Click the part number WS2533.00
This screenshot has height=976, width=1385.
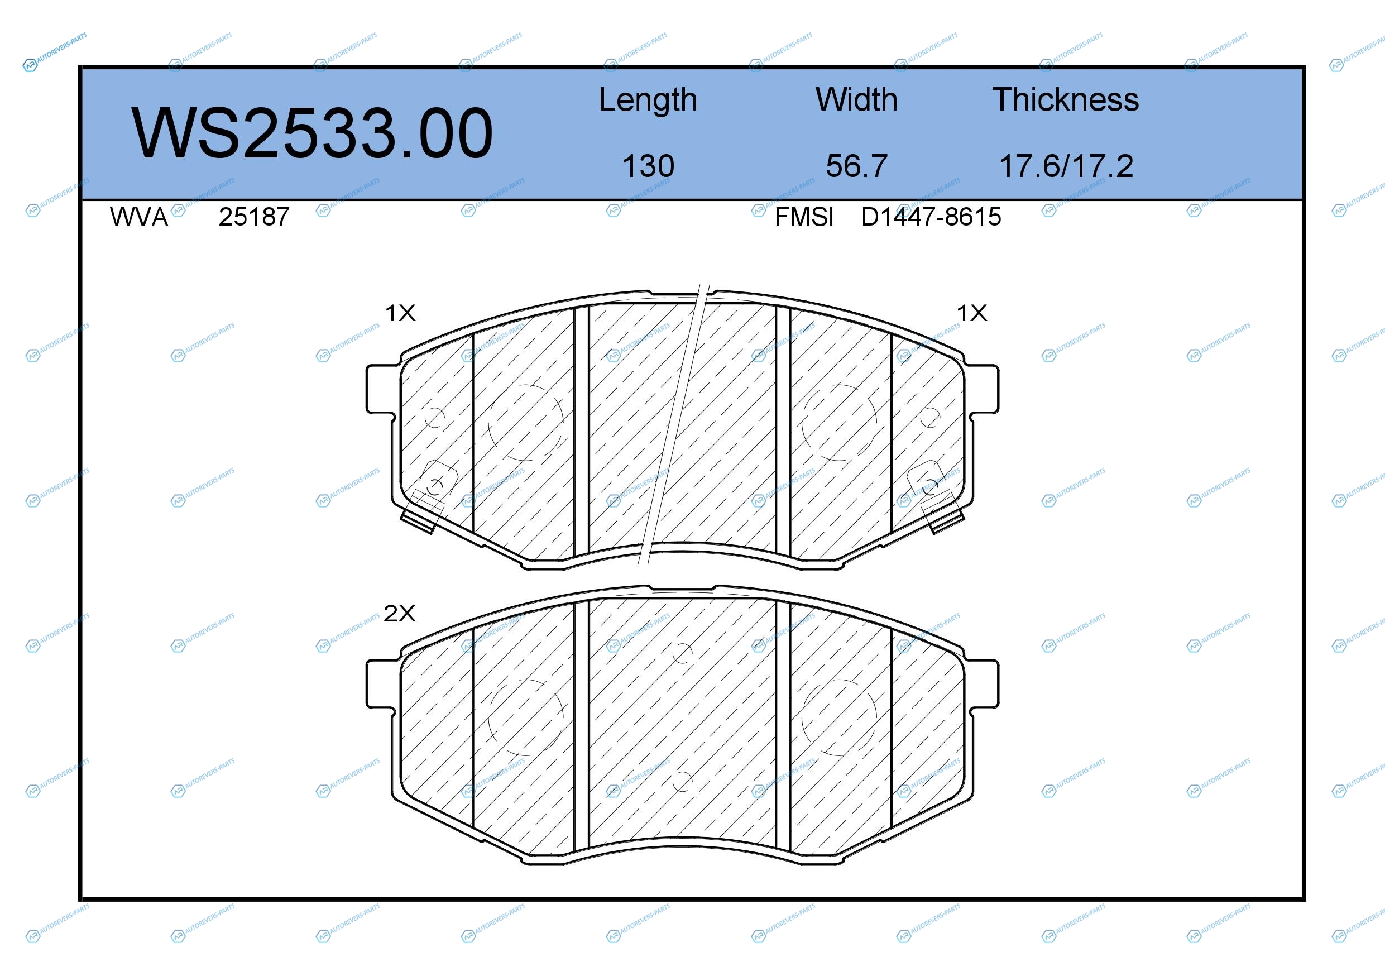(x=313, y=133)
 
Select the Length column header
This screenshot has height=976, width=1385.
(x=648, y=100)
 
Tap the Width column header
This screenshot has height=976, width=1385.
(x=856, y=99)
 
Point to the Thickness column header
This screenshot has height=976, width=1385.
(x=1065, y=99)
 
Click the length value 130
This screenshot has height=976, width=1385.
(x=648, y=166)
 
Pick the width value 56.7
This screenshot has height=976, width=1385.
(x=856, y=166)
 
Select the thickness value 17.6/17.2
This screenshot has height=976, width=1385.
(x=1066, y=166)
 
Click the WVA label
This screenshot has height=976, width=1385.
(x=139, y=217)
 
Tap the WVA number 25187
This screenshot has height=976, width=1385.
(x=254, y=217)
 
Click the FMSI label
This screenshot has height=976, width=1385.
(x=804, y=217)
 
